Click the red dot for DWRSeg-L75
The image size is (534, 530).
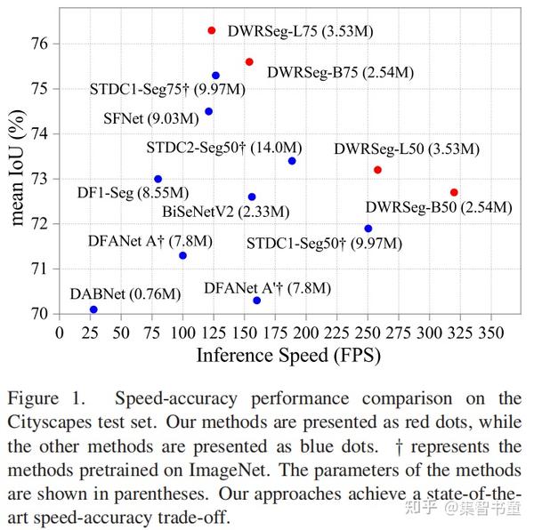pyautogui.click(x=212, y=30)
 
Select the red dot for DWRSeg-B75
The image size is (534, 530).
pyautogui.click(x=249, y=61)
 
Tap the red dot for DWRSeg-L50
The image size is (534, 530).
pyautogui.click(x=377, y=170)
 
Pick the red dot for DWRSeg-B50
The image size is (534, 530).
pyautogui.click(x=454, y=192)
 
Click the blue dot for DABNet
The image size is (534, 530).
pyautogui.click(x=93, y=309)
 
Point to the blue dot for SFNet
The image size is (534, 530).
pyautogui.click(x=208, y=111)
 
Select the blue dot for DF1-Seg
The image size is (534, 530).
pyautogui.click(x=158, y=179)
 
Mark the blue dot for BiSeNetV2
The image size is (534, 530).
pyautogui.click(x=252, y=197)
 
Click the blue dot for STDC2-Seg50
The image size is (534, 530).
pyautogui.click(x=292, y=161)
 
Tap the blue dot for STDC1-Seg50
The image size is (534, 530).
pyautogui.click(x=368, y=229)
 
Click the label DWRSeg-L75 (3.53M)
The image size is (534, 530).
pyautogui.click(x=300, y=31)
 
